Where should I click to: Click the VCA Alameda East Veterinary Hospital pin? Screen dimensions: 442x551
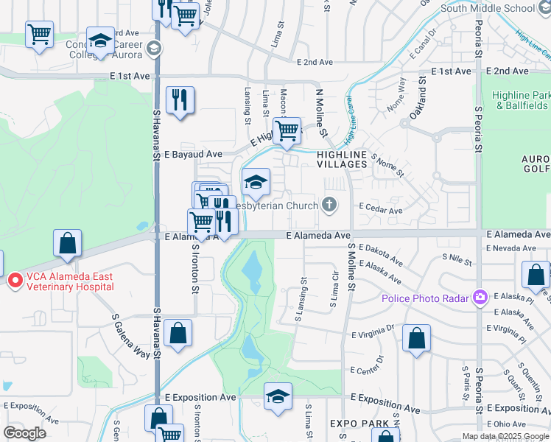(15, 281)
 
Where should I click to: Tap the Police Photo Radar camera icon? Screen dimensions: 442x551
(481, 297)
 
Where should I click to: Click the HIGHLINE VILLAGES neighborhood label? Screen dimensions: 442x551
(342, 158)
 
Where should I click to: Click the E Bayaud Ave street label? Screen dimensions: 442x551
(193, 155)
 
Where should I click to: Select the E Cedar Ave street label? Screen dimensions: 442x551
(380, 210)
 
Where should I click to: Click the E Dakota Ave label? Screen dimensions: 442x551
(382, 256)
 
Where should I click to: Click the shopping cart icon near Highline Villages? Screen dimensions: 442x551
(287, 130)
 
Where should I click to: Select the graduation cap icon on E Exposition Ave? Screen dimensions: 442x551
(278, 396)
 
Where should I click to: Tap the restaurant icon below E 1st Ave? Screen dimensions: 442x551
(180, 99)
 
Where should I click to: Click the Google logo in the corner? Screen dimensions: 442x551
(24, 433)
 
